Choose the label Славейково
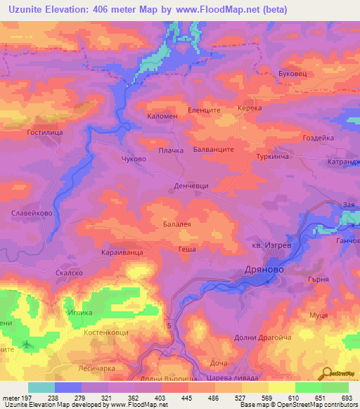(x=29, y=213)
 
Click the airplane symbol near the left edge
(x=27, y=344)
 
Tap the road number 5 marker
(x=169, y=324)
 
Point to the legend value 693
(x=345, y=398)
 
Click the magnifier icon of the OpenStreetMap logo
(x=326, y=373)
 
